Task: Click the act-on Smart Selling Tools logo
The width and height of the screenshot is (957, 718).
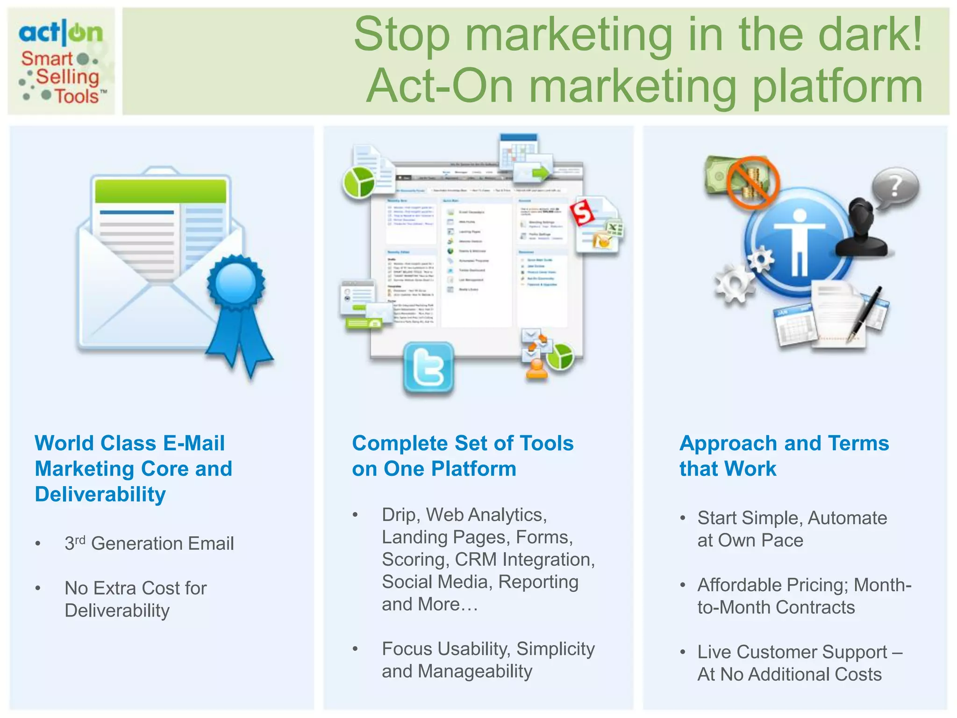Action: click(x=61, y=61)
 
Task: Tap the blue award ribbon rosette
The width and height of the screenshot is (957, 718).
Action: click(x=236, y=283)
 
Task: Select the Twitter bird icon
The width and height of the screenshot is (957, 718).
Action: click(x=429, y=367)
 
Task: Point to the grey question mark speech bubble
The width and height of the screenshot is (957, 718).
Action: click(x=895, y=187)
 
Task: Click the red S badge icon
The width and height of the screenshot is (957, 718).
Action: click(x=582, y=213)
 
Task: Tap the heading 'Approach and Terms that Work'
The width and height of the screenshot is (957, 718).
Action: click(x=784, y=456)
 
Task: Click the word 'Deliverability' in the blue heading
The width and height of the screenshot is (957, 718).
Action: click(x=100, y=495)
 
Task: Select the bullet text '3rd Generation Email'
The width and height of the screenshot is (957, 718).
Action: click(x=149, y=543)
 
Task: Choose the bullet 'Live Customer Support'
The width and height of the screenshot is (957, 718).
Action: click(x=792, y=652)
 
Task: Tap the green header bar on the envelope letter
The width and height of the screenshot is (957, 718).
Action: click(x=160, y=191)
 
